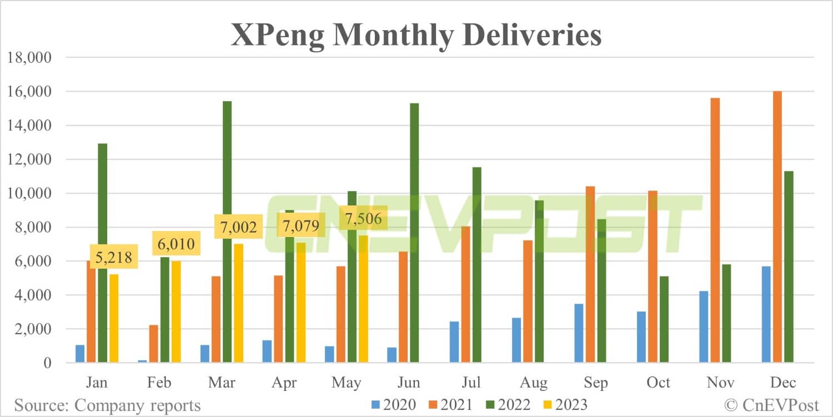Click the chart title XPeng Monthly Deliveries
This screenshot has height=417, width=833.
tap(416, 35)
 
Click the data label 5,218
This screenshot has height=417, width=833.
tap(113, 259)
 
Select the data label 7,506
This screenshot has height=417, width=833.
tap(362, 219)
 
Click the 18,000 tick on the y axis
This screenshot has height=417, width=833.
tap(28, 58)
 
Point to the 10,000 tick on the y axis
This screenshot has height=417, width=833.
tap(28, 193)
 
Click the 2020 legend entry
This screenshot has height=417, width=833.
tap(393, 405)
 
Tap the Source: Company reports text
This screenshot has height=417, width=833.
tap(107, 405)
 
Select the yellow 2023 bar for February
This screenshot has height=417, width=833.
tap(175, 312)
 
